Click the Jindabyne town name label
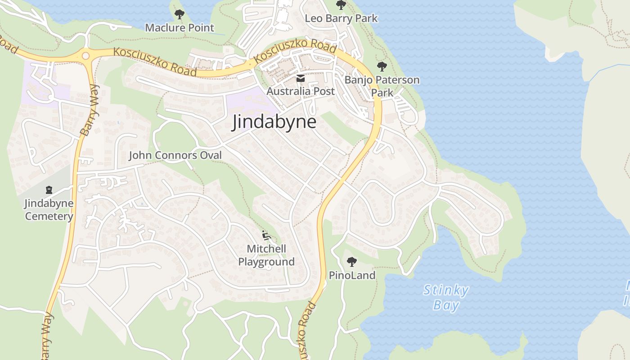pos(274,122)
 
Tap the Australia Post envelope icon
pos(301,78)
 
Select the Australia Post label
pos(301,91)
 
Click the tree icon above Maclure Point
pos(180,14)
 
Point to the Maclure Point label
pos(180,27)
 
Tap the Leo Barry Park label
pos(341,18)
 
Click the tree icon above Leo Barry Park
pos(341,5)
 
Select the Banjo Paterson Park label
pos(382,86)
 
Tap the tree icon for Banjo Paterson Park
pos(382,67)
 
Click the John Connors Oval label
pos(175,155)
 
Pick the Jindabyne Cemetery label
pos(49,210)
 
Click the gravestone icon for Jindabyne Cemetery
pos(49,190)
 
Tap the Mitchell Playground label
pos(266,255)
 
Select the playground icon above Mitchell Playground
pos(266,235)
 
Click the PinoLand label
pos(352,275)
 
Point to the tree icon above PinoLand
pos(352,261)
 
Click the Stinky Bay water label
pos(446,297)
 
